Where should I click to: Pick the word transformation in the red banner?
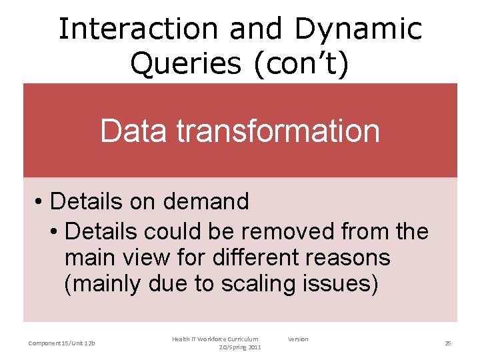coord(278,131)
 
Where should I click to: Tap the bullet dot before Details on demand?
coord(40,201)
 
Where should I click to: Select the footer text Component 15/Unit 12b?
coord(61,343)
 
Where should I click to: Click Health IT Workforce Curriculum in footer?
coord(215,339)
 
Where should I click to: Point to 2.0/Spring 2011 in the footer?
coord(240,347)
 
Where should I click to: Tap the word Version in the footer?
coord(298,339)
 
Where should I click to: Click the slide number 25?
coord(448,343)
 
